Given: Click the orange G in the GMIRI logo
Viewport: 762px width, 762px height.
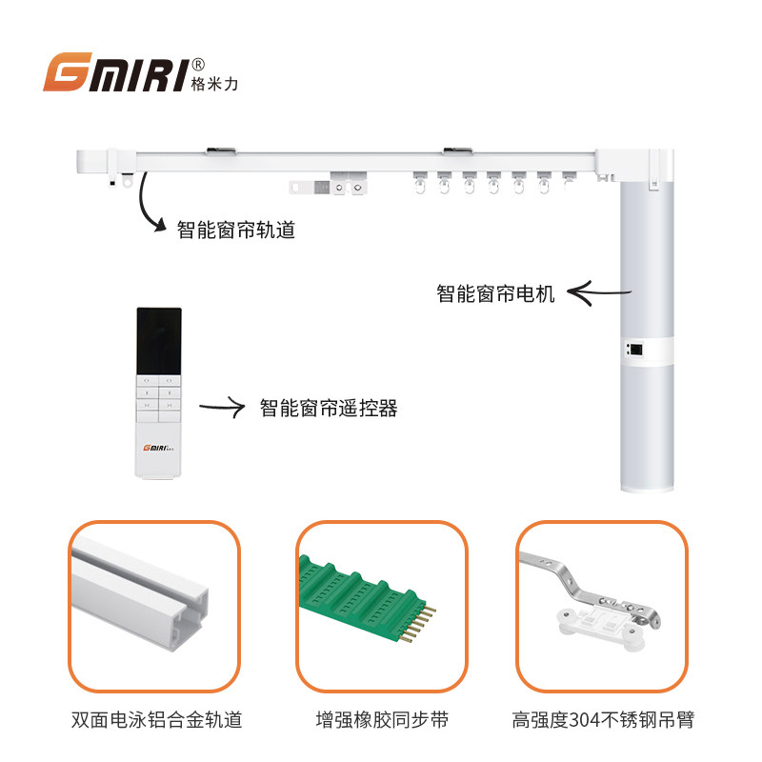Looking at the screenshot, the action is pyautogui.click(x=68, y=71).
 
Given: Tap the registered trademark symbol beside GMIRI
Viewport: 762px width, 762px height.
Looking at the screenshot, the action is pyautogui.click(x=198, y=65).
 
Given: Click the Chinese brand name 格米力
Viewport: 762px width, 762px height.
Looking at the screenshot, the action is pyautogui.click(x=214, y=84).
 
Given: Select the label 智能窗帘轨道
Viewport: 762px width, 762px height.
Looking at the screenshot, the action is pyautogui.click(x=235, y=230).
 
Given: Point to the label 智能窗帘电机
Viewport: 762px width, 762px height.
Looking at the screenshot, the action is pyautogui.click(x=495, y=293).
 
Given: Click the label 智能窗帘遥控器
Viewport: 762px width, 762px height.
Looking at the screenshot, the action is pyautogui.click(x=329, y=408).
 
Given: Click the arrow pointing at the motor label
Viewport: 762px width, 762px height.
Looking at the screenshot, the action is pyautogui.click(x=599, y=293).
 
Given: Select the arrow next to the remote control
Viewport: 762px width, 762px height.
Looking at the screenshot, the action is pyautogui.click(x=223, y=407).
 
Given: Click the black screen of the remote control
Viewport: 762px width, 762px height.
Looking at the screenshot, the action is pyautogui.click(x=159, y=341).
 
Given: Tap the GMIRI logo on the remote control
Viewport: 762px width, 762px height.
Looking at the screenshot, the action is pyautogui.click(x=158, y=448).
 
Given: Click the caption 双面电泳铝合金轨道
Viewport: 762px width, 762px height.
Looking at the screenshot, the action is pyautogui.click(x=156, y=720).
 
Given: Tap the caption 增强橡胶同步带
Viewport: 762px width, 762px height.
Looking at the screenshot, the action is pyautogui.click(x=382, y=720).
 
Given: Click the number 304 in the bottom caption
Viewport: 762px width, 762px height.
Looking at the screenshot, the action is pyautogui.click(x=584, y=720).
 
